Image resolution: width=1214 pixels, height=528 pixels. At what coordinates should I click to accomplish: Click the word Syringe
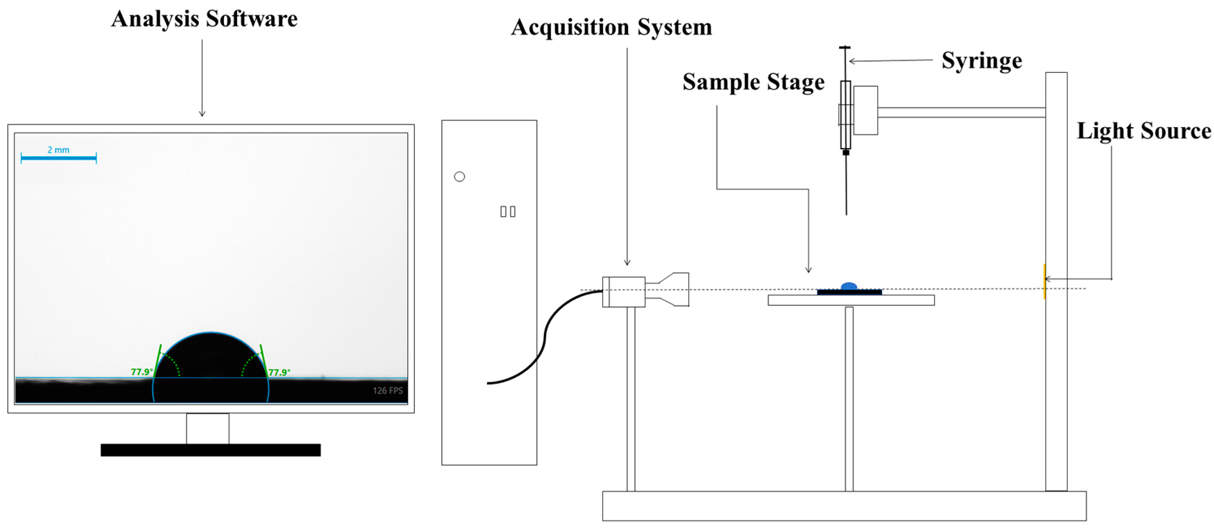(x=982, y=61)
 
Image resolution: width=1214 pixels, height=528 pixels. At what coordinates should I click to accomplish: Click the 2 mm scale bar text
(x=58, y=150)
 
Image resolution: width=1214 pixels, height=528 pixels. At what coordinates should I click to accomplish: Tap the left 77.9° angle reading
(x=141, y=372)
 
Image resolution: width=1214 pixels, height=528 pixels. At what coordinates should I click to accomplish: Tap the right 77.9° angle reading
(x=279, y=372)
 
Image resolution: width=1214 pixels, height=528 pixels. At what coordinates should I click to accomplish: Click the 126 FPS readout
(x=387, y=390)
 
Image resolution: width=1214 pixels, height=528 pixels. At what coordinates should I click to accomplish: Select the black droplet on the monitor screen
(x=211, y=363)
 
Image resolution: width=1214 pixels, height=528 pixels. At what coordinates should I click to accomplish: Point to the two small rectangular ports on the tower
(x=508, y=212)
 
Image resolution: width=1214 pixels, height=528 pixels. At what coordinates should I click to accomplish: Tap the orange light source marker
(x=1044, y=282)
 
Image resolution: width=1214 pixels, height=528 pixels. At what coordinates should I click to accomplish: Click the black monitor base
(x=211, y=450)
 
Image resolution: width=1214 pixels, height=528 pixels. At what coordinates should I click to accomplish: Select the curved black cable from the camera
(x=547, y=335)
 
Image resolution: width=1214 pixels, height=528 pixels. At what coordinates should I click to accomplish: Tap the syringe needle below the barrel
(x=846, y=184)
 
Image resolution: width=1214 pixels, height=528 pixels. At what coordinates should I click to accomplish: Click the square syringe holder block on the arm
(x=865, y=110)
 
